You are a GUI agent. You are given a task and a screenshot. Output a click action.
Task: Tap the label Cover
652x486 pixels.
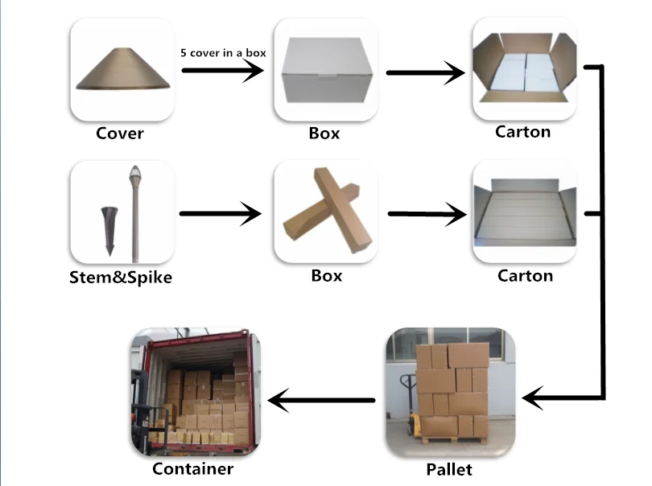[x=119, y=133]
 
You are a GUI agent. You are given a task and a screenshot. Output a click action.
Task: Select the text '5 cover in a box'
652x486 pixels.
[x=222, y=52]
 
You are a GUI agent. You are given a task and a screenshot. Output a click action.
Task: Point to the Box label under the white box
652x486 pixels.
[x=324, y=133]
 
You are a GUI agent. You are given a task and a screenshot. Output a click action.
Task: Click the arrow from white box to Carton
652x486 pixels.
[x=426, y=73]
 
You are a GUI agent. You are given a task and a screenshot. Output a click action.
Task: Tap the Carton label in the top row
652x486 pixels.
[x=523, y=131]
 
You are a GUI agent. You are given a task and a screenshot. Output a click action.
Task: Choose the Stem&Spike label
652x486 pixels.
[x=121, y=279]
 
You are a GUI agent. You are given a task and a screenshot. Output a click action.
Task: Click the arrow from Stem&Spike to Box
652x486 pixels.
[x=221, y=214]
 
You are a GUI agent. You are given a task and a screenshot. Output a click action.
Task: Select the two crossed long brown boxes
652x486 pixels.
[x=325, y=212]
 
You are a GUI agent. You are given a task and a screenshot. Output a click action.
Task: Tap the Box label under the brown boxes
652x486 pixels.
[x=326, y=276]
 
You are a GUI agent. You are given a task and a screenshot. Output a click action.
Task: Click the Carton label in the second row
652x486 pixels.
[x=525, y=276]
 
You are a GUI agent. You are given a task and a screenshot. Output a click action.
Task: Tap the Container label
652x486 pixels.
[x=193, y=468]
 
